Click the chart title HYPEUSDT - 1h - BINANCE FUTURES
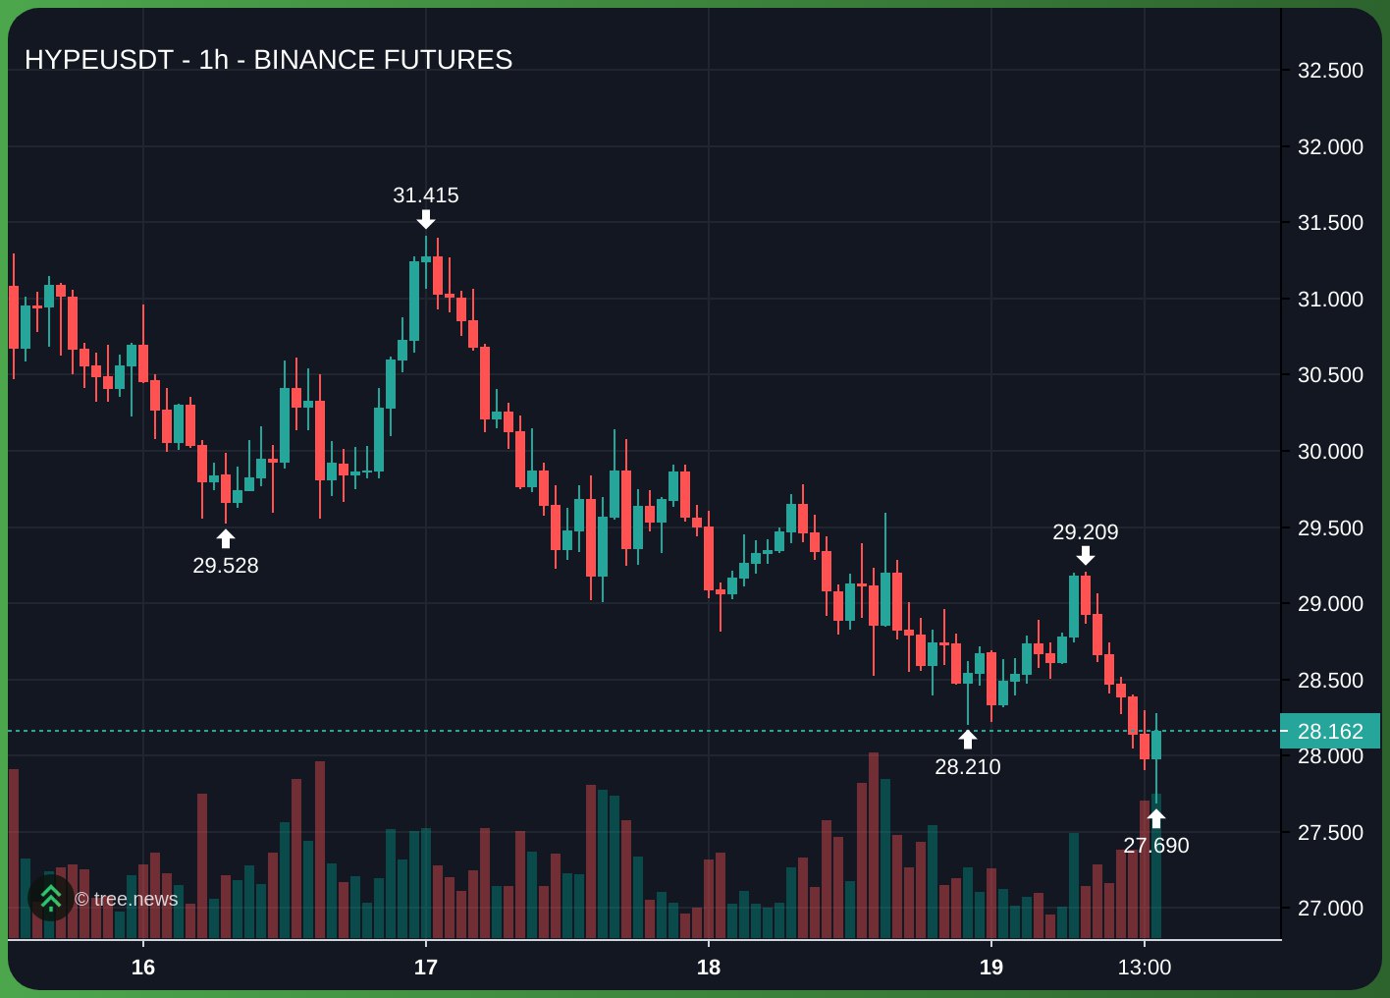tap(268, 60)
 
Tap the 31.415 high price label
tap(426, 195)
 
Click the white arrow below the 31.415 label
tap(426, 218)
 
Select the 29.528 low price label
tap(226, 566)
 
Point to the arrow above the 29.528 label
tap(226, 538)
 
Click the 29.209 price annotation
tap(1085, 532)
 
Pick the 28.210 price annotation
tap(968, 767)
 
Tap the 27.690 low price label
tap(1156, 846)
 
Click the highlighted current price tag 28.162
tap(1330, 732)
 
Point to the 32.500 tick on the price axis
tap(1330, 71)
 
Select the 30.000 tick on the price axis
tap(1330, 452)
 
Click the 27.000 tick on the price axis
tap(1330, 909)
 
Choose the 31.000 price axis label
tap(1330, 300)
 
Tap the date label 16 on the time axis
tap(143, 968)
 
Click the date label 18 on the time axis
tap(709, 968)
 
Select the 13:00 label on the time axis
tap(1145, 968)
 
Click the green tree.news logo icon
tap(50, 898)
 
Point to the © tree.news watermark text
tap(127, 899)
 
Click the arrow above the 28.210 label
tap(968, 740)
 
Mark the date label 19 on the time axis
tap(991, 968)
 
